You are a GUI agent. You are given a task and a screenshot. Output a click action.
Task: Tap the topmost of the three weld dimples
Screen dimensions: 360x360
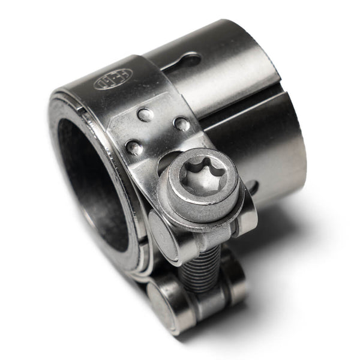(x=145, y=114)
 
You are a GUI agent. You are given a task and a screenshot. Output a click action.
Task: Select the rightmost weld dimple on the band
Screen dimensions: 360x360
(x=181, y=124)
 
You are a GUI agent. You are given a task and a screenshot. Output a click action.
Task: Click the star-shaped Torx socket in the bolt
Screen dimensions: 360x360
(x=202, y=176)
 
